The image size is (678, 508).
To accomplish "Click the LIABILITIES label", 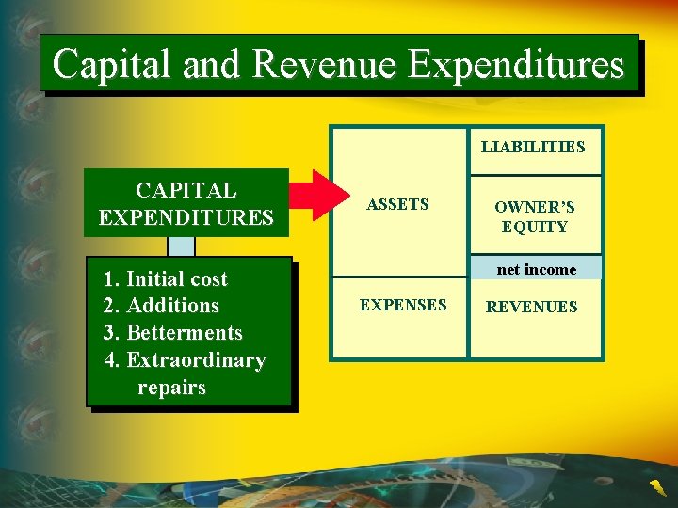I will tap(533, 147).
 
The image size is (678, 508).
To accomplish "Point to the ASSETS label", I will tap(397, 204).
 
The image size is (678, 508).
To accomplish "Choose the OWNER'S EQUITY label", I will tap(535, 216).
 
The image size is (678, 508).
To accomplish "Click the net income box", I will tap(536, 269).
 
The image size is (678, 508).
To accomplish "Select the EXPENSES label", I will tap(403, 305).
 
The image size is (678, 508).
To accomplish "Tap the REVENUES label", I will tap(532, 307).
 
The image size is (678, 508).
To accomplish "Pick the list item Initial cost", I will tap(167, 278).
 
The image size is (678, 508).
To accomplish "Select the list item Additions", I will tap(162, 306).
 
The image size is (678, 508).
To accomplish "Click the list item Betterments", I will tap(173, 333).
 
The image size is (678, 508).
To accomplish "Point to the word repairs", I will tap(171, 388).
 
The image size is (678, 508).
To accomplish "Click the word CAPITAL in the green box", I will tap(186, 190).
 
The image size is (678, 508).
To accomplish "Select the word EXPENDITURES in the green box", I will tap(186, 218).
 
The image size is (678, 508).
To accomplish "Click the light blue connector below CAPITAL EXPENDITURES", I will tap(181, 246).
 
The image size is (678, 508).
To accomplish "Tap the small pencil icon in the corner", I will tap(655, 486).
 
